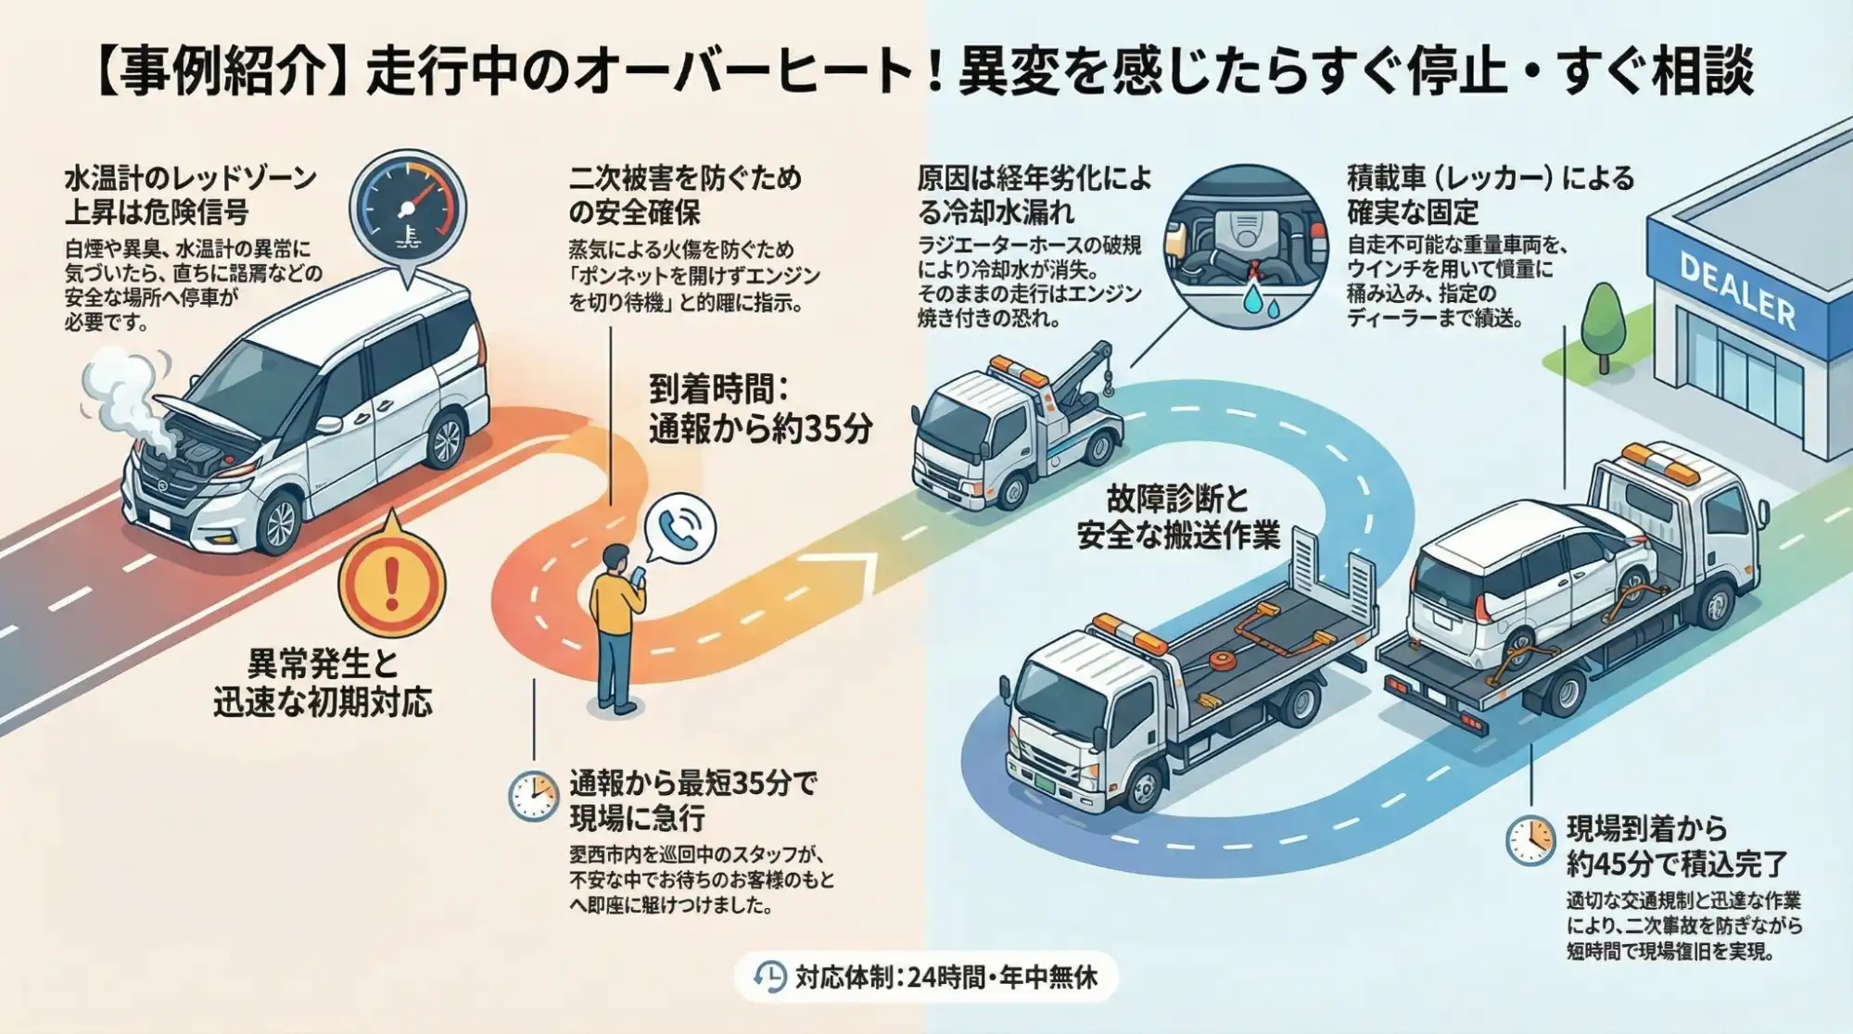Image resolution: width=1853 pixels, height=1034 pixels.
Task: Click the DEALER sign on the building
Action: click(1736, 290)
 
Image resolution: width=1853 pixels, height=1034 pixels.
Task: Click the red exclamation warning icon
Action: click(391, 582)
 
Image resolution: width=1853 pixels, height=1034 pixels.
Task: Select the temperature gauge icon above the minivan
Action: click(407, 207)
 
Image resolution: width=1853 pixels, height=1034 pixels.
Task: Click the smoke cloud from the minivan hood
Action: click(125, 394)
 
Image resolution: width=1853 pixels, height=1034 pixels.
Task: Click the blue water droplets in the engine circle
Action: click(1260, 299)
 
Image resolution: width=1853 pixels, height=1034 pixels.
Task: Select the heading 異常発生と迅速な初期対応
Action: click(323, 683)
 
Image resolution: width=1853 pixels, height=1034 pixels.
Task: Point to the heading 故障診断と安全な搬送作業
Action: click(1177, 517)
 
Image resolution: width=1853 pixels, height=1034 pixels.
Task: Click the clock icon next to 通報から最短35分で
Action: click(533, 796)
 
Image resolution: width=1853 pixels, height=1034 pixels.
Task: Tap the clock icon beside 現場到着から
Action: click(1529, 840)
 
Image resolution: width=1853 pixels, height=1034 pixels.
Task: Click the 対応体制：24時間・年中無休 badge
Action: click(927, 977)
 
